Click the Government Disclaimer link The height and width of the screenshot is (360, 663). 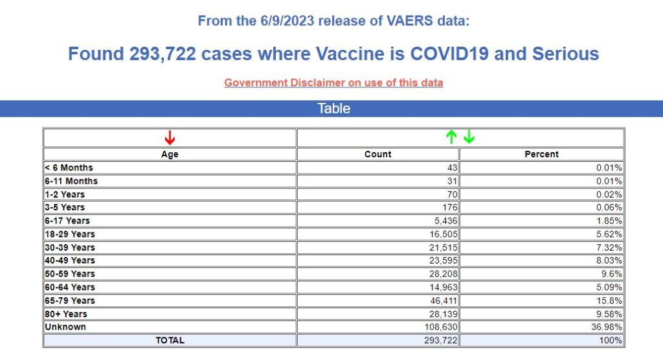(x=333, y=83)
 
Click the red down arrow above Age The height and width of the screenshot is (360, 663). (x=170, y=137)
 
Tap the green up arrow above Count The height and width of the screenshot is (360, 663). (x=452, y=137)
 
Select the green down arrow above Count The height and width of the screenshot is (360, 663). (x=469, y=137)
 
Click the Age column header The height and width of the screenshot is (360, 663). (x=170, y=154)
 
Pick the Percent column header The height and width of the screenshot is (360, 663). (x=541, y=154)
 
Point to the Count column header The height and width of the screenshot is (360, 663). (x=378, y=154)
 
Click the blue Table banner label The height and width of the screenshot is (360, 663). (x=333, y=108)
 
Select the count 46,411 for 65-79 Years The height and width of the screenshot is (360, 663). (x=444, y=300)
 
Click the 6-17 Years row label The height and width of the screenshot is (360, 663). (x=67, y=221)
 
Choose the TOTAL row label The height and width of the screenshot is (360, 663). (x=170, y=340)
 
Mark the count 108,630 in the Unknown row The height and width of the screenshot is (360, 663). (x=440, y=327)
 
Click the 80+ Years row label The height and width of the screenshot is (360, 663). (x=65, y=313)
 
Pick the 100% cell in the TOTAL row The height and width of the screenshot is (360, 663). (x=611, y=340)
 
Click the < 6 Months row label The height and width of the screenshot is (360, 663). (x=69, y=168)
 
